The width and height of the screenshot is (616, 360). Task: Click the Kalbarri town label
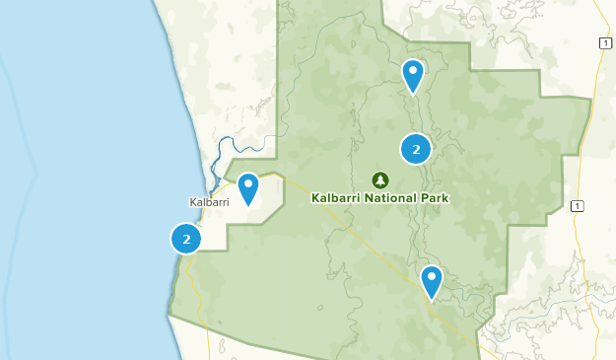[209, 202]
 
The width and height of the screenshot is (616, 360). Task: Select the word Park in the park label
[435, 197]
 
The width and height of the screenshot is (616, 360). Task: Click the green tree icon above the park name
[380, 180]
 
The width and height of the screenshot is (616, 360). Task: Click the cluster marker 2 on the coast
[186, 239]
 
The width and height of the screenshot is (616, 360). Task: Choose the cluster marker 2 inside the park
[416, 149]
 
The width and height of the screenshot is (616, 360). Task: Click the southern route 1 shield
[577, 205]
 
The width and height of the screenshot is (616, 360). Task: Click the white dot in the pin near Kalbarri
[248, 182]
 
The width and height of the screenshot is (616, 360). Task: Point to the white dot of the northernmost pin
[413, 69]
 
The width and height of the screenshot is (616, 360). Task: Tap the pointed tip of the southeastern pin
[432, 299]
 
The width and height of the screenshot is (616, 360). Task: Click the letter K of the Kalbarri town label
[192, 202]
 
